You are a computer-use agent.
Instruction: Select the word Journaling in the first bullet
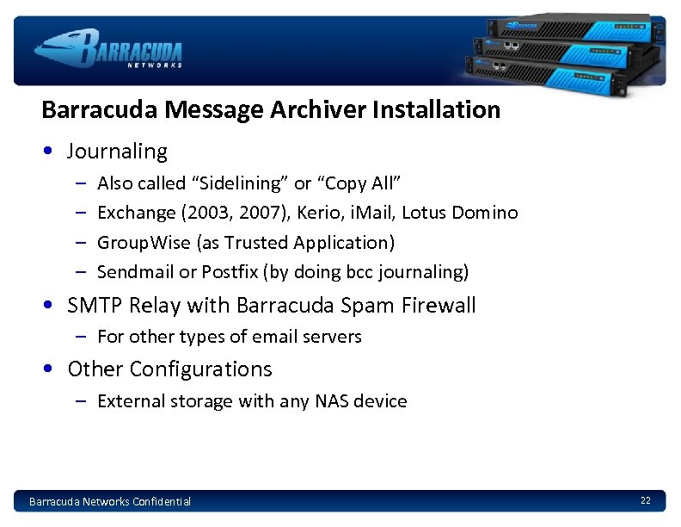pyautogui.click(x=117, y=152)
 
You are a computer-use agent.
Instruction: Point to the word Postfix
pyautogui.click(x=230, y=272)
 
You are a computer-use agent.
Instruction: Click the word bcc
pyautogui.click(x=355, y=272)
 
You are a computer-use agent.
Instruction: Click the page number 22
pyautogui.click(x=645, y=500)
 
